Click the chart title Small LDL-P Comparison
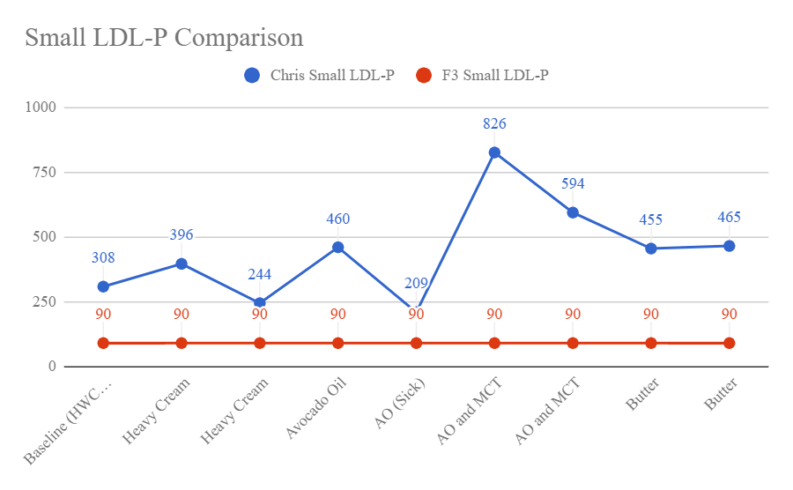tap(164, 38)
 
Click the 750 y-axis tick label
tap(45, 173)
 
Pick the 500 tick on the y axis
tap(45, 237)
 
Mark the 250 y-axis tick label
tap(45, 302)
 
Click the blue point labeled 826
tap(494, 152)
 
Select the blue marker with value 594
tap(573, 212)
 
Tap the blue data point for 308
tap(103, 286)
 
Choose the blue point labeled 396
tap(182, 264)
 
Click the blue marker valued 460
tap(337, 248)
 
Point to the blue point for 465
tap(730, 246)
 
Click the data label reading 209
tap(416, 284)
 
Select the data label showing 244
tap(259, 274)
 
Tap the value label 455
tap(651, 220)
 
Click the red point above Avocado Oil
tap(337, 343)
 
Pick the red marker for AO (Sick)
tap(416, 343)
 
